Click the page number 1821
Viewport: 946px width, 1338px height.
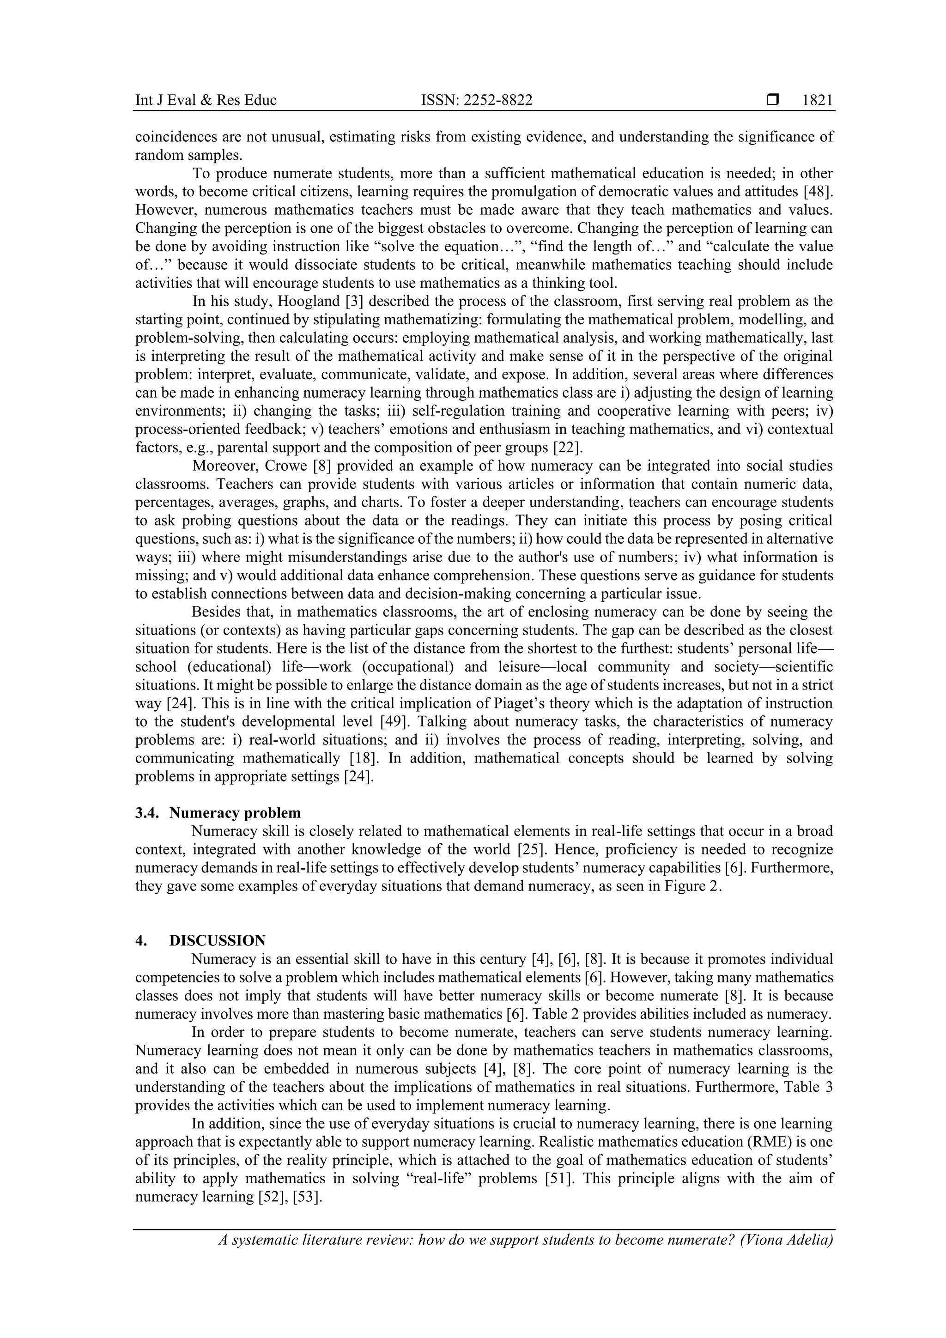pyautogui.click(x=817, y=100)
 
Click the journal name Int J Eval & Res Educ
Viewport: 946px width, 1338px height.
pyautogui.click(x=206, y=100)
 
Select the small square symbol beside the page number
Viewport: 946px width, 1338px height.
pyautogui.click(x=773, y=100)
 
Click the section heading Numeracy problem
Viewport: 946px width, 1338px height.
pyautogui.click(x=235, y=813)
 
